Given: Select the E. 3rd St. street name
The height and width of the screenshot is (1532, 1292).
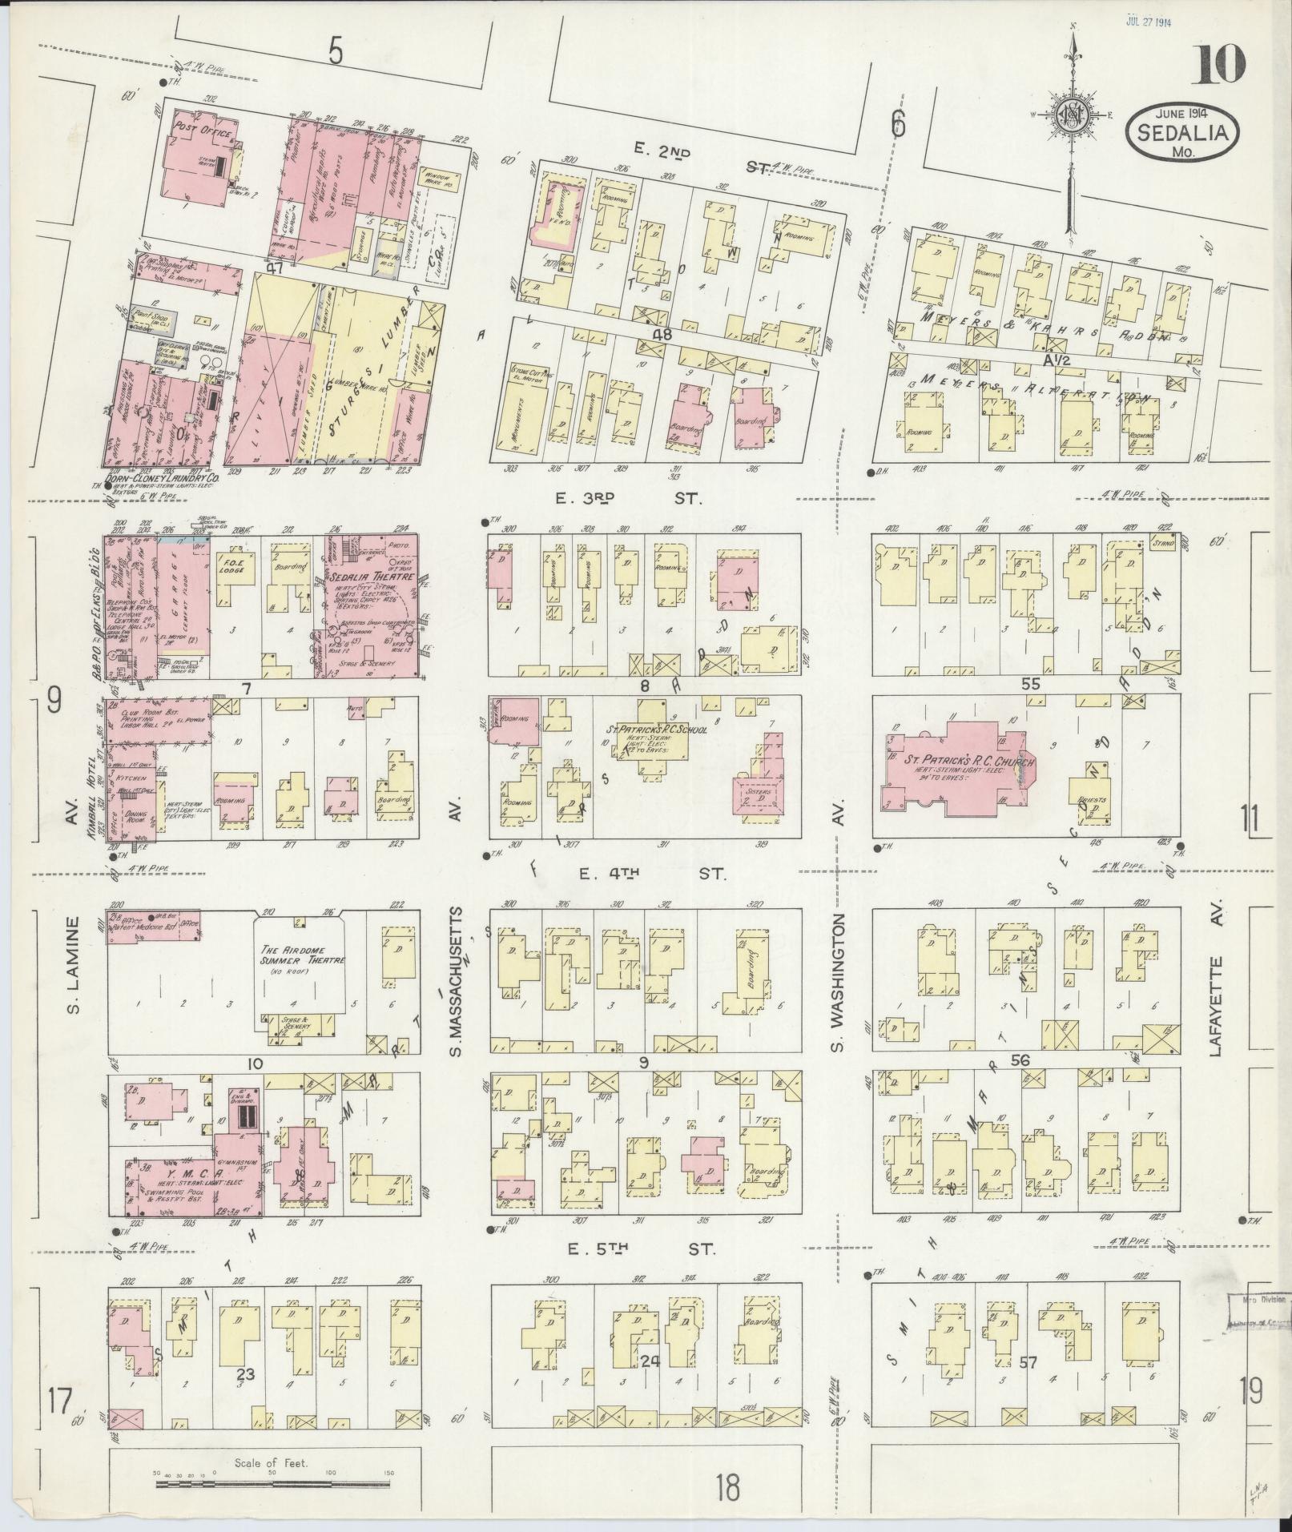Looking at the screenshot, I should [x=629, y=498].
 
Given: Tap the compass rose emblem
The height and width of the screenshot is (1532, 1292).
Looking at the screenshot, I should [x=1069, y=112].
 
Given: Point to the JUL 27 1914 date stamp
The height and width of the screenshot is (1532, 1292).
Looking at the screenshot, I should [x=1148, y=22].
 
